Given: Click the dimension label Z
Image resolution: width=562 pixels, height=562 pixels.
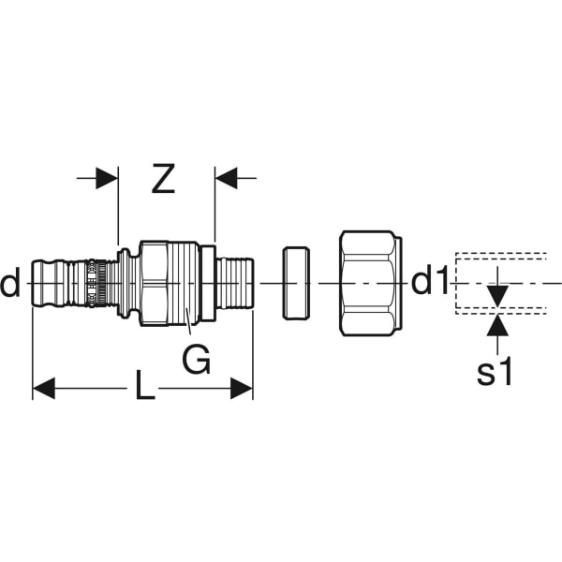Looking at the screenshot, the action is (163, 179).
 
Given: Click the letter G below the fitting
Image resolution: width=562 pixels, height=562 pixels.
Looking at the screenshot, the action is (196, 359).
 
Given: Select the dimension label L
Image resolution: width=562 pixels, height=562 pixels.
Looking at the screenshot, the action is (144, 386).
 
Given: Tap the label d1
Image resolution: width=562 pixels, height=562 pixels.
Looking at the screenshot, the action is (430, 282).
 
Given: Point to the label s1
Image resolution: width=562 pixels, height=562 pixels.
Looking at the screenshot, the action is (495, 372).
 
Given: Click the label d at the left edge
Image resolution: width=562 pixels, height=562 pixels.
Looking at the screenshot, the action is (10, 283).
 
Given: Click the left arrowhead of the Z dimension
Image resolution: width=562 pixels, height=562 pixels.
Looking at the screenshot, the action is (107, 178).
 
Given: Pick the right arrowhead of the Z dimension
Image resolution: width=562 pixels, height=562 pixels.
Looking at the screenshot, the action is (226, 178).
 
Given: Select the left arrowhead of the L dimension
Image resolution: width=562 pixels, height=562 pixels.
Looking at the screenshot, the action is (44, 388).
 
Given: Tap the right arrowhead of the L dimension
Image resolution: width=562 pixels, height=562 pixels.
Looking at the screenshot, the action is (242, 388).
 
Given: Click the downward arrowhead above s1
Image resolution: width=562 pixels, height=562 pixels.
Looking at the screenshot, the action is (497, 296).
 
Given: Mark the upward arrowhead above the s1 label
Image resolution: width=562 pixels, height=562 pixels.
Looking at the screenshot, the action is (497, 325).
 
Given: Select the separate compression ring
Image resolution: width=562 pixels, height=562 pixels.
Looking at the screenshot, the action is (296, 283).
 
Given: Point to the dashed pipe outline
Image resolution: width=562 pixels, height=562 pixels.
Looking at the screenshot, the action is (456, 283).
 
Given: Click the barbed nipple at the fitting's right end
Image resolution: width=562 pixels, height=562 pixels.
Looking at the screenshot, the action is (235, 283).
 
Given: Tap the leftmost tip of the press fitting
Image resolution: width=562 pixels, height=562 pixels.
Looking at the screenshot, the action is (32, 283).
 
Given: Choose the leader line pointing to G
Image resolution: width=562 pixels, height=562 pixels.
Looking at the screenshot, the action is (188, 321).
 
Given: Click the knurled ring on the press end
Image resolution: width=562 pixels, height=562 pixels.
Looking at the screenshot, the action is (101, 283).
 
